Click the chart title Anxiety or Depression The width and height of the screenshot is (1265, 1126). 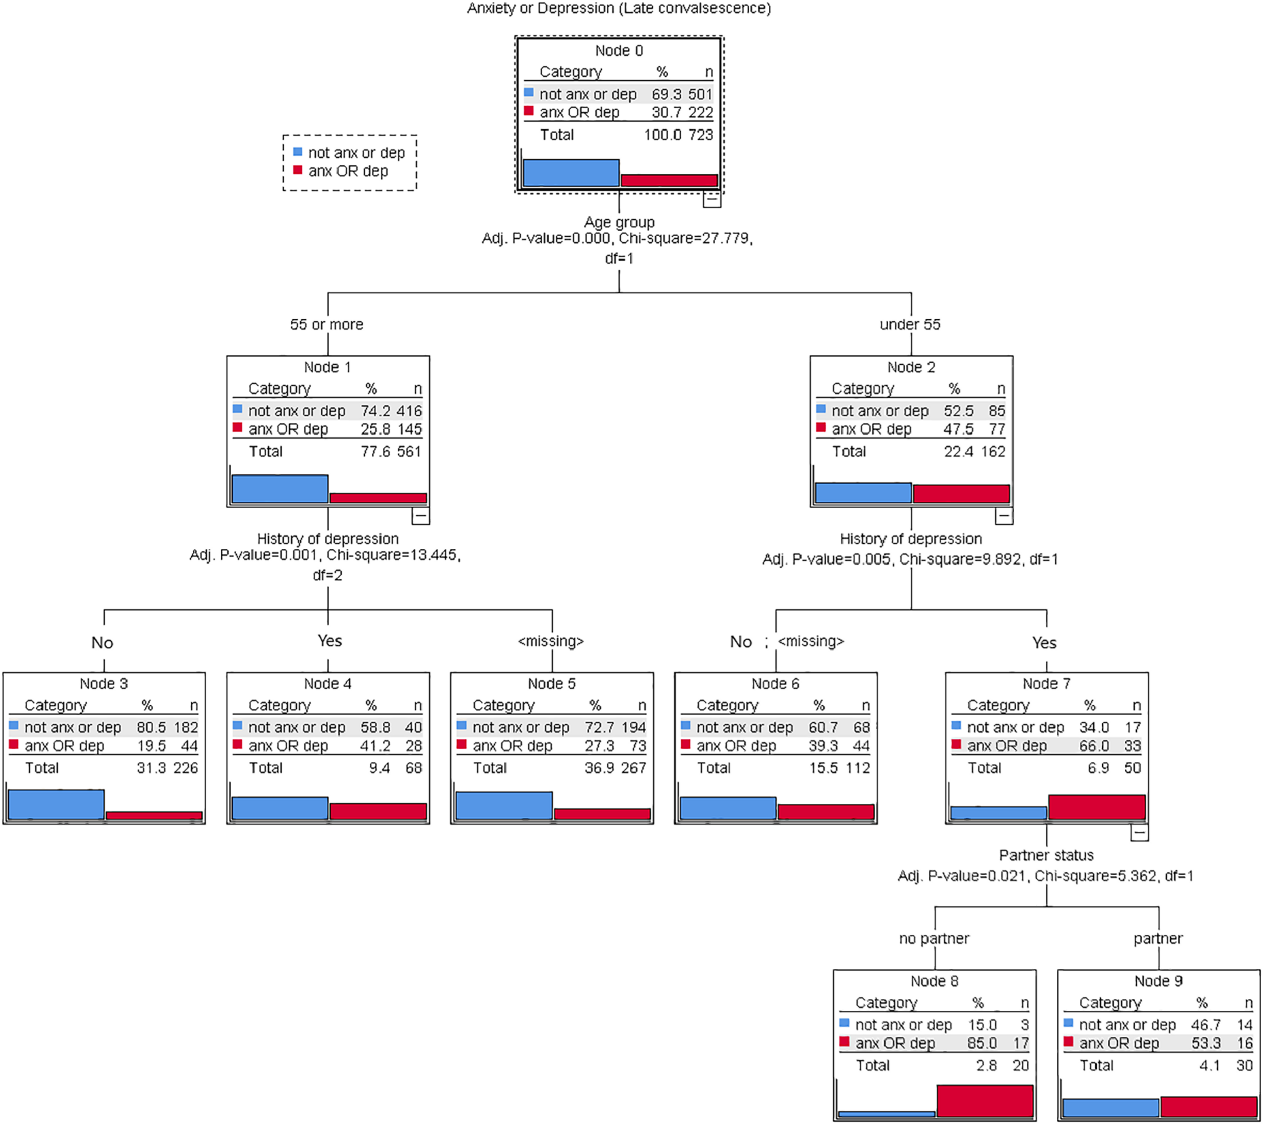point(618,9)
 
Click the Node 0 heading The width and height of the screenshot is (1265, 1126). point(618,51)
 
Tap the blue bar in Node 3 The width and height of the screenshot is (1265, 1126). point(56,804)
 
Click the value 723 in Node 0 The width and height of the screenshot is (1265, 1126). point(701,135)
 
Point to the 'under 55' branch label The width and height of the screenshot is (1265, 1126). point(910,324)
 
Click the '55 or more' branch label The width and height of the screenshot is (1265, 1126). point(327,324)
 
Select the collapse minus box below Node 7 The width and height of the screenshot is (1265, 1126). point(1140,833)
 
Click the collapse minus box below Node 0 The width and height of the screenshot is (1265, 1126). point(712,199)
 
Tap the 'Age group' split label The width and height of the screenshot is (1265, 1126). point(619,222)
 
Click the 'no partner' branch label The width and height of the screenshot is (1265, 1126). point(934,938)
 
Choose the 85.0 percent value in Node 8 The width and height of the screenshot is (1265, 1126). point(982,1043)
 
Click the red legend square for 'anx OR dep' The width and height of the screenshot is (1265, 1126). point(298,170)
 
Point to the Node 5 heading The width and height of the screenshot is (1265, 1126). point(552,684)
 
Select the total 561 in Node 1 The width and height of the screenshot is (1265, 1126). point(409,452)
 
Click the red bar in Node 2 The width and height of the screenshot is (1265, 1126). point(961,494)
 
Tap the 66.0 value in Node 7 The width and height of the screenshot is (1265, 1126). point(1094,746)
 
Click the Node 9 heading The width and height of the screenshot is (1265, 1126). point(1158,981)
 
